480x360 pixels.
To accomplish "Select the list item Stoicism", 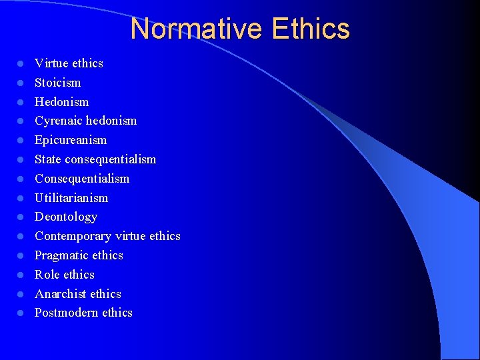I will tap(57, 83).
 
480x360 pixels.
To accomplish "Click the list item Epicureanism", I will tap(71, 140).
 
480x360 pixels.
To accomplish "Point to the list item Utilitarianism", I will tap(71, 198).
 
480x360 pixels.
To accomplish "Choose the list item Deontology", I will tap(66, 217).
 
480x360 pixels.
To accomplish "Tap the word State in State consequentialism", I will tap(47, 159).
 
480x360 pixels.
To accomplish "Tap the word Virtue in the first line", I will tap(51, 63).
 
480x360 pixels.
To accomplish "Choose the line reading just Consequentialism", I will tap(82, 179).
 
